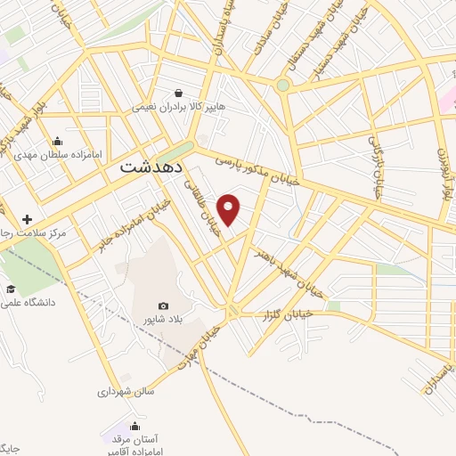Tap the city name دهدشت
coord(151,167)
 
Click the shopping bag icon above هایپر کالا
coord(179,93)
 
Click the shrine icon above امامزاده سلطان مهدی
coord(58,140)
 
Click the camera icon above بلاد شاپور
coord(163,305)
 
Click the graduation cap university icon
coord(11,289)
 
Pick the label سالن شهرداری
coord(126,390)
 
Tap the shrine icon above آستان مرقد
coord(134,426)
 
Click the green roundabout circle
coord(283,85)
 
